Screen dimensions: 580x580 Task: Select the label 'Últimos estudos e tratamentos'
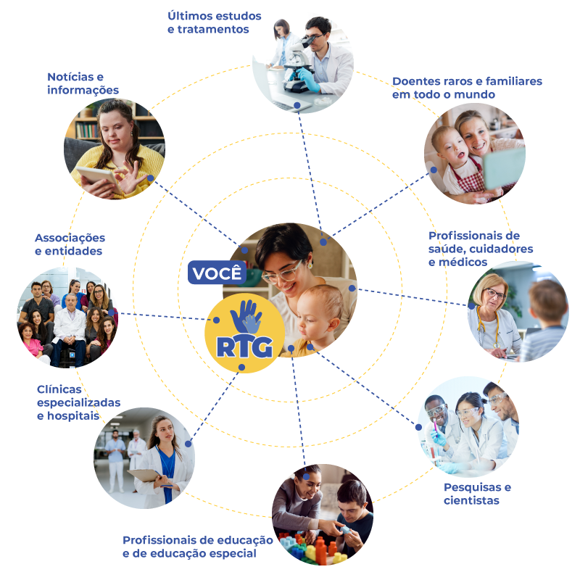pos(214,22)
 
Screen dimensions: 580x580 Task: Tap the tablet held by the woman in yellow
pos(97,175)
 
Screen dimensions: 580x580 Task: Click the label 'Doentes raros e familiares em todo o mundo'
pos(467,88)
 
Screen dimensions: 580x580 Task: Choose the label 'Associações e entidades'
pos(70,244)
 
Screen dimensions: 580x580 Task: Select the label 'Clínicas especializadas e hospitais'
pos(78,402)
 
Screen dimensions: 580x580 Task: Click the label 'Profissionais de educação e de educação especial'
pos(197,547)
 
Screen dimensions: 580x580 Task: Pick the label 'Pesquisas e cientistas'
pos(477,493)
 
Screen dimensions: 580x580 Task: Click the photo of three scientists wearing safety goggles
pos(468,426)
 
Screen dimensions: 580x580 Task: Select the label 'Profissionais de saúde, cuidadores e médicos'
pos(474,249)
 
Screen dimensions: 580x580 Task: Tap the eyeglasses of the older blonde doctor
pos(494,294)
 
